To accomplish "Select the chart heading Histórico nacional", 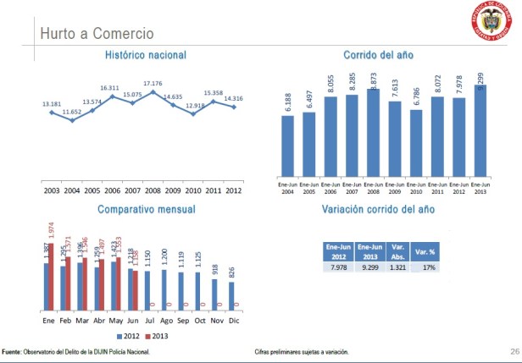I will pos(146,55).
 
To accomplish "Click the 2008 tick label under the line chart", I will pos(153,190).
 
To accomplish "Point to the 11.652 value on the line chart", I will pos(72,112).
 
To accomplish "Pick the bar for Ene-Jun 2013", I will pos(480,128).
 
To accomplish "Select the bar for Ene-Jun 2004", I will pos(287,147).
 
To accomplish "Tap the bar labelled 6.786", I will pos(415,144).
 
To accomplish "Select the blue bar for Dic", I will pos(232,295).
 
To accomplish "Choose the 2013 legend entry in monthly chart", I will pos(154,336).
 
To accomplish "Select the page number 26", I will pos(514,350).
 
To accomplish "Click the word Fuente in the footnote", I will pos(13,351).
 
